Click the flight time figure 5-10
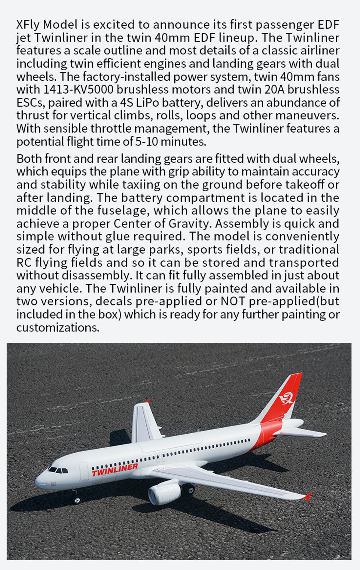[x=147, y=142]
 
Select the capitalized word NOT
[x=232, y=301]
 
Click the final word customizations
[x=58, y=327]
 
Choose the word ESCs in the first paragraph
[x=29, y=103]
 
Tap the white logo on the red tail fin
[x=286, y=398]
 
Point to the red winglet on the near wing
[x=307, y=496]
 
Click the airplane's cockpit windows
[x=58, y=470]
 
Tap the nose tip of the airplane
[x=37, y=481]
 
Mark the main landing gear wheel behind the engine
[x=188, y=489]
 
